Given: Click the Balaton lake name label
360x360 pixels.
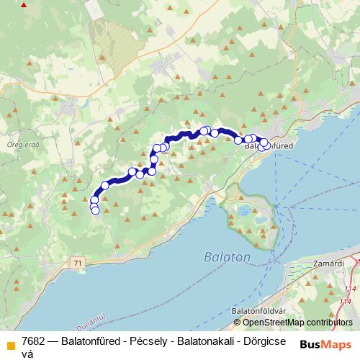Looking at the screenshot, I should tap(227, 257).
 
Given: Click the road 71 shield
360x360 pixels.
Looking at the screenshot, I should tap(77, 264).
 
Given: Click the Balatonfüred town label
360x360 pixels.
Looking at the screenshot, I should tap(270, 145).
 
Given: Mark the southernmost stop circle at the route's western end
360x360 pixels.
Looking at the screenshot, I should tap(95, 210).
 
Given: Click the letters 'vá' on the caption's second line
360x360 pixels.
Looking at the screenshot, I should tap(28, 353).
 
